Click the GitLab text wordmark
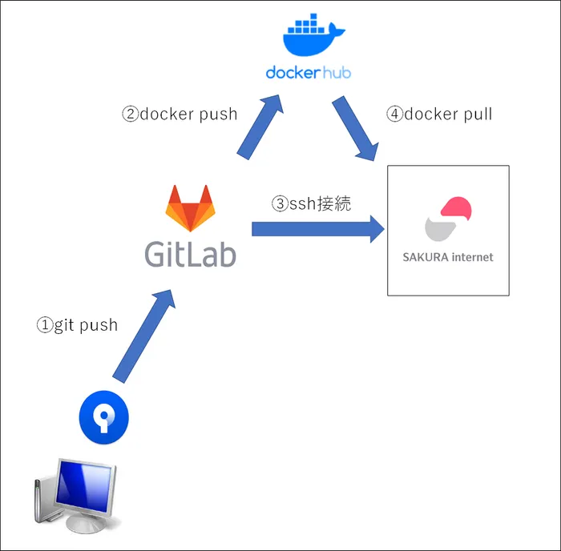[x=190, y=252]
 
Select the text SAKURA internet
[x=448, y=258]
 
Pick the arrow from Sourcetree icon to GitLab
[x=143, y=336]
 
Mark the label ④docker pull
[x=439, y=114]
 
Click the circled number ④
[x=394, y=114]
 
